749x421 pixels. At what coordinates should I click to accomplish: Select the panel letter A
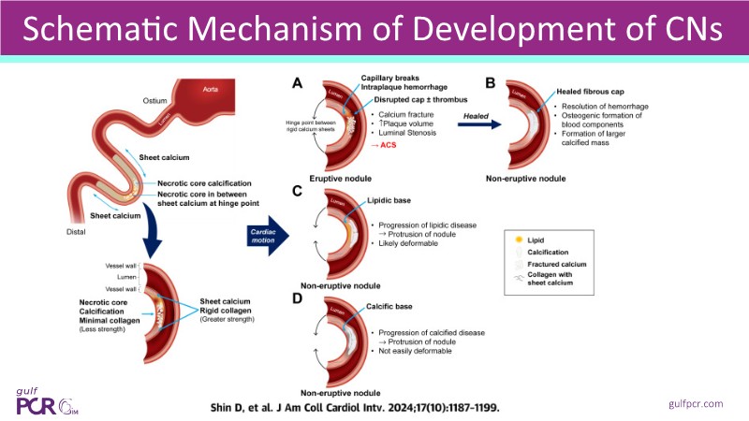click(x=297, y=83)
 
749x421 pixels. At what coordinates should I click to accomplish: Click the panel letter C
click(x=297, y=192)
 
